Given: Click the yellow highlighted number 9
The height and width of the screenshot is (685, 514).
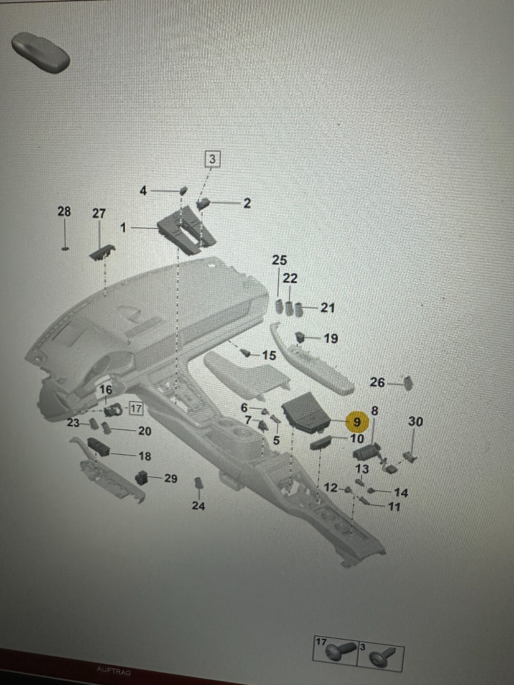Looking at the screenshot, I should (356, 422).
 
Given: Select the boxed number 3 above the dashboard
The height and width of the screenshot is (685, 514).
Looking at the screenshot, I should (212, 159).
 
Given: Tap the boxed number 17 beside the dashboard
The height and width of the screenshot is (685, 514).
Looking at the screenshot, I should (136, 408).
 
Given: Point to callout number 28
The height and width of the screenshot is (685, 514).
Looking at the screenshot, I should (64, 211).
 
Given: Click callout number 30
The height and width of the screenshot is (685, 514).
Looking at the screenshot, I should (415, 422).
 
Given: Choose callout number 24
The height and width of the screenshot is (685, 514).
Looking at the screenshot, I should (198, 506).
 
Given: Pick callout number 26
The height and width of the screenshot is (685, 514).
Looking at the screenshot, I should (377, 382).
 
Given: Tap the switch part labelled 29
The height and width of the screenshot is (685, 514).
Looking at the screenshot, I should (142, 477).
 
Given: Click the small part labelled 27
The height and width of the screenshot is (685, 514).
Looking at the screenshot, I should (103, 252).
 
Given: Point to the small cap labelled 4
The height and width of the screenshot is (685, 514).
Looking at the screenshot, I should (183, 191).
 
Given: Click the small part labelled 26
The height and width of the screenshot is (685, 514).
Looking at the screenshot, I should (408, 382).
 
